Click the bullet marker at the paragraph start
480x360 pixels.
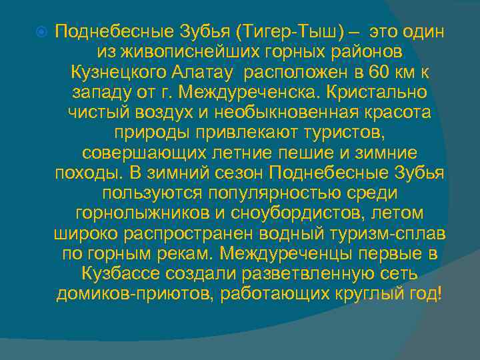[41, 33]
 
